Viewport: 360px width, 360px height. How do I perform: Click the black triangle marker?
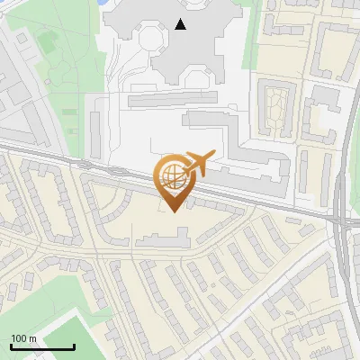(182, 24)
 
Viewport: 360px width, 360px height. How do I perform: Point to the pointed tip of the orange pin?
(170, 211)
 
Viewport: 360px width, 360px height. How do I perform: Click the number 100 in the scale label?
(18, 339)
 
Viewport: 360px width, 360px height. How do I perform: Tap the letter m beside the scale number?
(32, 339)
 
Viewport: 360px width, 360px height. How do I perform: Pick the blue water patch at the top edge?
(106, 3)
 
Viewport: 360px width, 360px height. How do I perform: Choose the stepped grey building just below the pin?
(162, 238)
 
